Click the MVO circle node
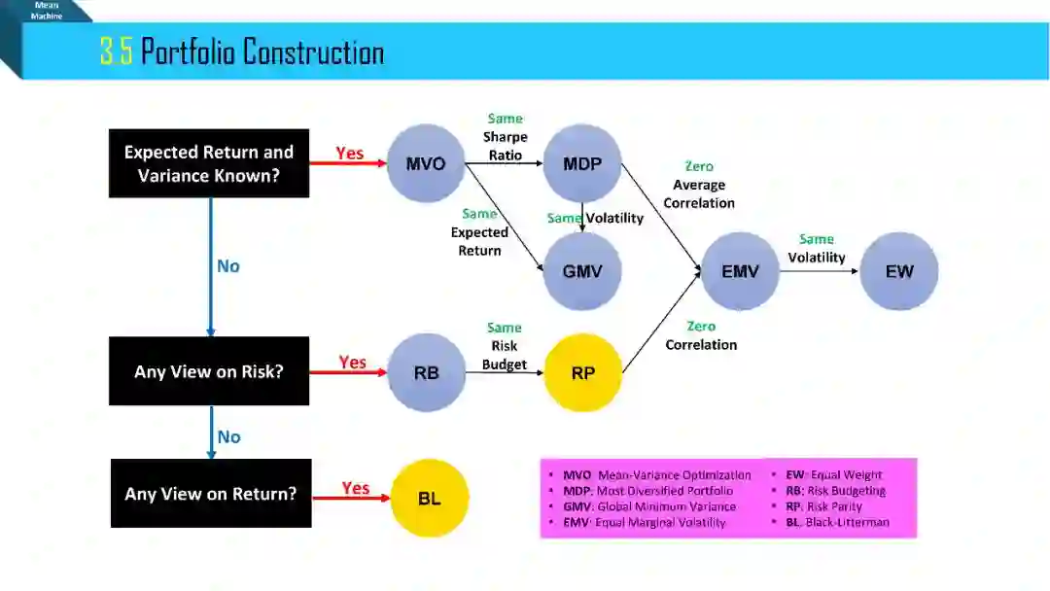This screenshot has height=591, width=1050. pyautogui.click(x=426, y=163)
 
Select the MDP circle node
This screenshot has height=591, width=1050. pyautogui.click(x=582, y=163)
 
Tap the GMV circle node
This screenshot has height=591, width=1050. pyautogui.click(x=582, y=271)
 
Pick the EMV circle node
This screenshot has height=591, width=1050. pyautogui.click(x=740, y=271)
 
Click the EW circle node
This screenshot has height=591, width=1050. pyautogui.click(x=899, y=271)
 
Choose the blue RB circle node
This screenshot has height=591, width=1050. pyautogui.click(x=426, y=373)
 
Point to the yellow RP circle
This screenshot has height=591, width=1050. pyautogui.click(x=582, y=373)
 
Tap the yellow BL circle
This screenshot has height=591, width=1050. pyautogui.click(x=430, y=499)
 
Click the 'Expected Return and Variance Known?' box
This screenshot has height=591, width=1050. pyautogui.click(x=209, y=163)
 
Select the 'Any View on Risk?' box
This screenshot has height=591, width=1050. pyautogui.click(x=209, y=371)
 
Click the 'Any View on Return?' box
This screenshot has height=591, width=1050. pyautogui.click(x=211, y=494)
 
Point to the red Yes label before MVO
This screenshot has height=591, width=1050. pyautogui.click(x=350, y=154)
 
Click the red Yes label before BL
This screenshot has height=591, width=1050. pyautogui.click(x=356, y=488)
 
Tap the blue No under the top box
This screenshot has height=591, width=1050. pyautogui.click(x=228, y=266)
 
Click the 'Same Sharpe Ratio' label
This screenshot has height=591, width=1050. pyautogui.click(x=506, y=137)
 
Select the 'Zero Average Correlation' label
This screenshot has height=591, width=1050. pyautogui.click(x=699, y=185)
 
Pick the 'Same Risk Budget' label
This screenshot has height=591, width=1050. pyautogui.click(x=505, y=346)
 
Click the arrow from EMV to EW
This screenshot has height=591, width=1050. pyautogui.click(x=819, y=272)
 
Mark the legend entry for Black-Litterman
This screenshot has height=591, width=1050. pyautogui.click(x=837, y=522)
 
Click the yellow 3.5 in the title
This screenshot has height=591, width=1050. pyautogui.click(x=116, y=52)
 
